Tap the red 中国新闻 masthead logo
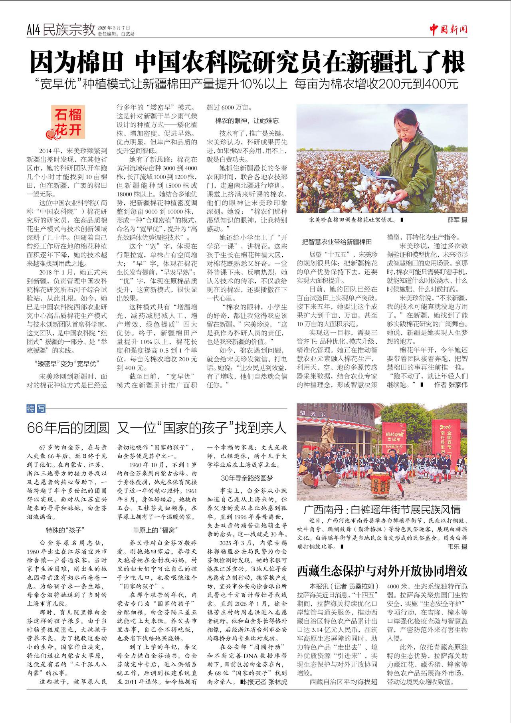coord(448,29)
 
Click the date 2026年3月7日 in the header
coord(114,28)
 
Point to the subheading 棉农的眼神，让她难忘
coord(247,121)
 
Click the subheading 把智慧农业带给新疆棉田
coord(337,242)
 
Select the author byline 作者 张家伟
coord(451,384)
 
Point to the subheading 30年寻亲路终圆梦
coord(247,478)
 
